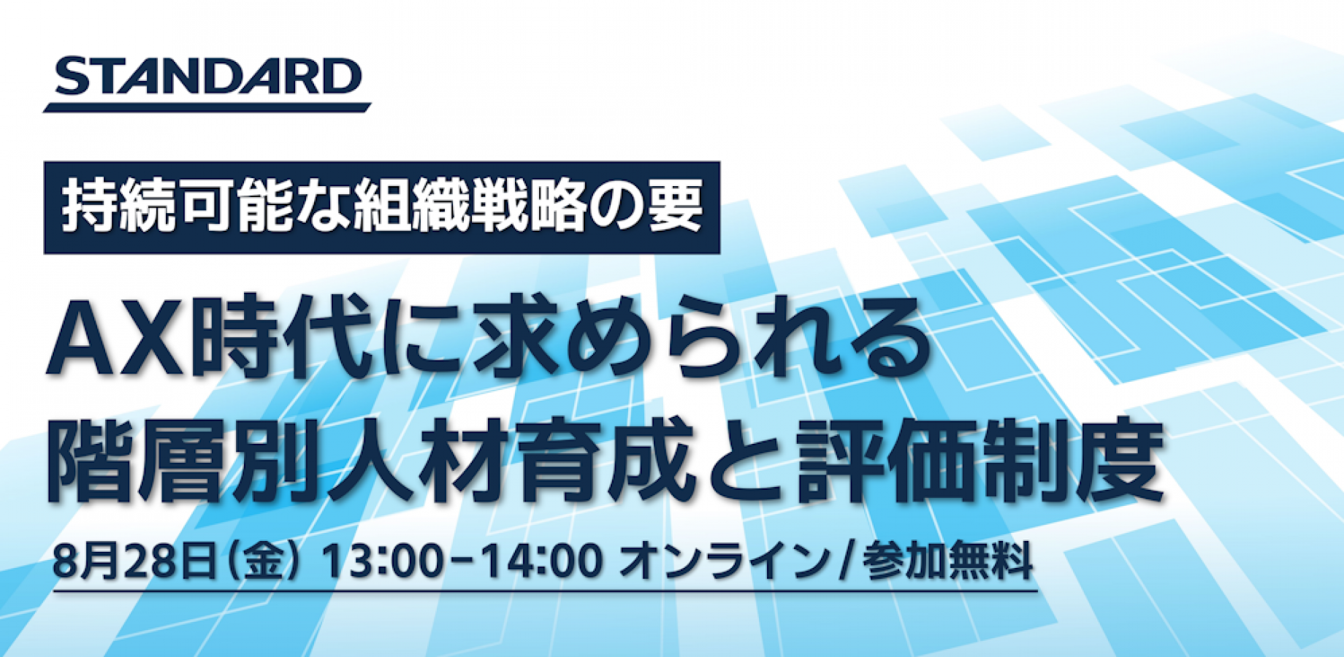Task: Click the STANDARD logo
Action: (207, 83)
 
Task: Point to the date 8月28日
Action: (135, 562)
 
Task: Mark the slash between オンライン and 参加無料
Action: (846, 563)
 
